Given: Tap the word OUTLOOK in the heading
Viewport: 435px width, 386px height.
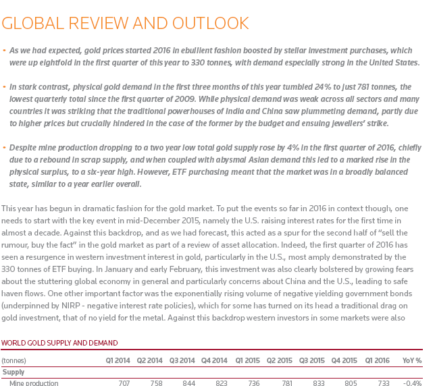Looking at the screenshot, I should (211, 24).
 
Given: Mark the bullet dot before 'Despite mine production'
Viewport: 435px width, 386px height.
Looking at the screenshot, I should (5, 147).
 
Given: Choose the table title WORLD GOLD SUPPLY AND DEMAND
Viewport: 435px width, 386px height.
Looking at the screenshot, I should (59, 343).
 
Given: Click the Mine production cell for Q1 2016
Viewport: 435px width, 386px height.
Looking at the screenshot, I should (383, 383).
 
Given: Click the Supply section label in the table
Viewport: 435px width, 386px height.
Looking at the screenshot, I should (14, 372).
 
